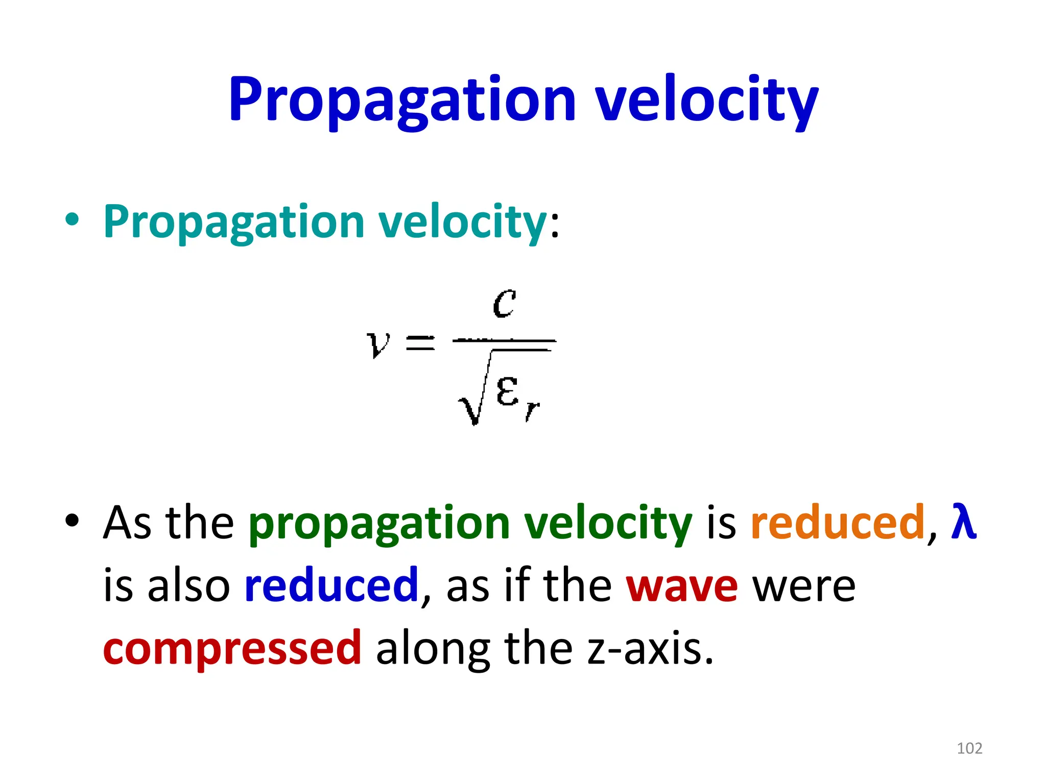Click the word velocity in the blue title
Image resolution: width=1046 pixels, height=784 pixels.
click(707, 101)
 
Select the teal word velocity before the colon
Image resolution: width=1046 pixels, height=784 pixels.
click(463, 222)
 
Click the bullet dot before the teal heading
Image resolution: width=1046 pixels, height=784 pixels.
click(72, 220)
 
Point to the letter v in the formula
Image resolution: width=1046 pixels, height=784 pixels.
click(378, 343)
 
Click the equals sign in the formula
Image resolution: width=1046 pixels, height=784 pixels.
click(420, 342)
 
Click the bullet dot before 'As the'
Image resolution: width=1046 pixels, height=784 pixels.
click(72, 520)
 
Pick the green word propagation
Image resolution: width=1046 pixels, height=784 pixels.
click(379, 524)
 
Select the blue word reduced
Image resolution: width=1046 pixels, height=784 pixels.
click(332, 585)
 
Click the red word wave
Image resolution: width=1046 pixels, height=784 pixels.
click(682, 587)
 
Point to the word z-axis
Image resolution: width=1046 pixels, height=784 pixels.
click(649, 649)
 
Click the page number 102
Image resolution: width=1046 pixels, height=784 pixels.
click(969, 748)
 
